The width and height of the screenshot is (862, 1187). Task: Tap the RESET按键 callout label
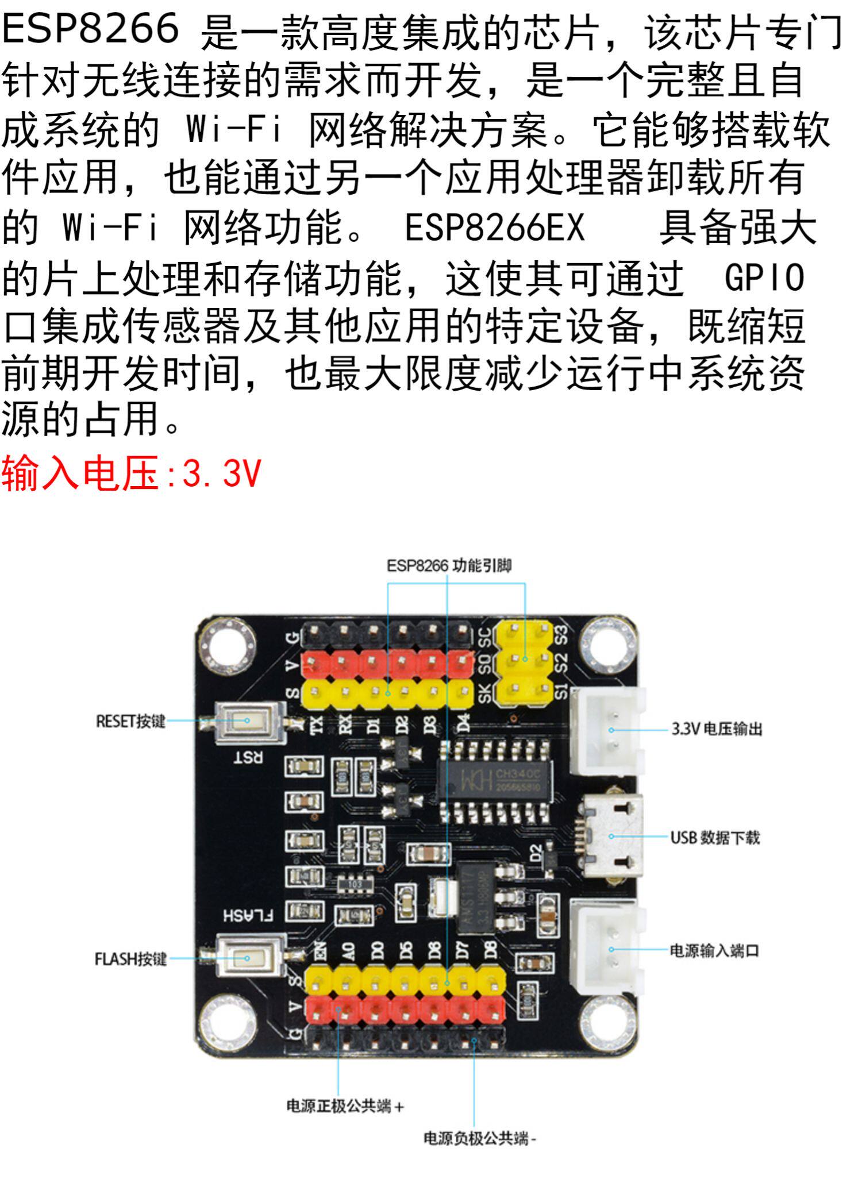130,721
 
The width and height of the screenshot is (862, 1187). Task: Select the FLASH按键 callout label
130,958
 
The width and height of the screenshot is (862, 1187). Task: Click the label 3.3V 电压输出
717,729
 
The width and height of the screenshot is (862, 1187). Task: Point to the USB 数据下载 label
715,837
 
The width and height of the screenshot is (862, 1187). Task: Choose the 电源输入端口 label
714,950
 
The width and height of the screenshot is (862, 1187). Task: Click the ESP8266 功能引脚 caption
449,566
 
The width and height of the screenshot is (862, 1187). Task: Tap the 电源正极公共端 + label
345,1105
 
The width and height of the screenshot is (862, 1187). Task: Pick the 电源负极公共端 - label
479,1138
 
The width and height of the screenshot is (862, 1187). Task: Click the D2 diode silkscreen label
536,853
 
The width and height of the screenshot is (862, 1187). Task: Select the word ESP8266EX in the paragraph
494,228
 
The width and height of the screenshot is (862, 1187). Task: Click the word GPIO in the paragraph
764,278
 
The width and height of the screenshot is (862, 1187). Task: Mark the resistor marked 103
356,883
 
